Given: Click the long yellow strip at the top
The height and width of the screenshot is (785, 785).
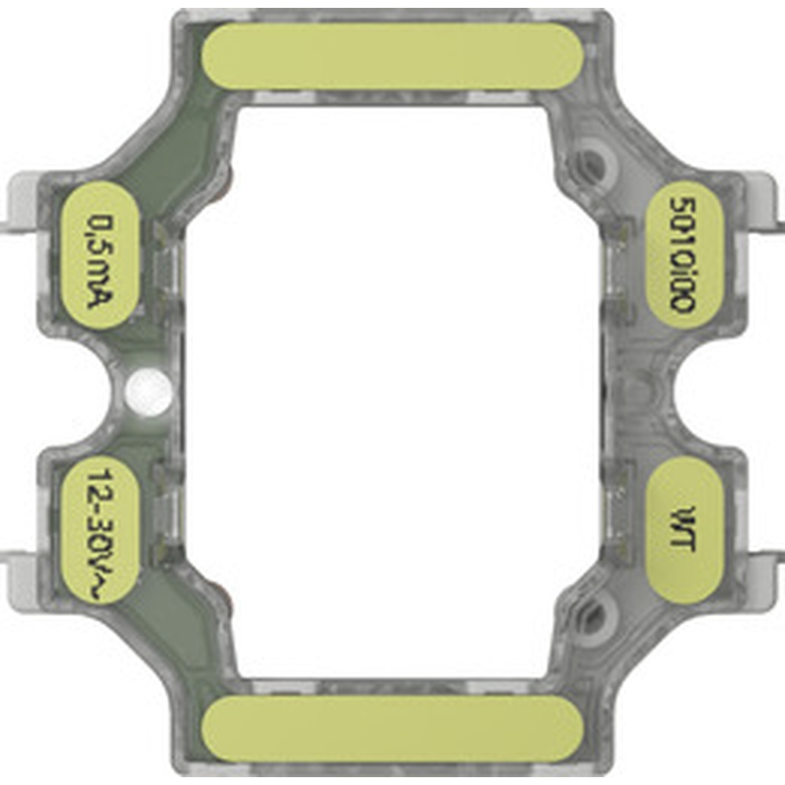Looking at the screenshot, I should click(392, 56).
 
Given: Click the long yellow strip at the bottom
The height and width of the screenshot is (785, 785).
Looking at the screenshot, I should click(392, 728).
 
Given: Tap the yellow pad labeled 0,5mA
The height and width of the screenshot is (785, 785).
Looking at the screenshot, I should click(102, 255).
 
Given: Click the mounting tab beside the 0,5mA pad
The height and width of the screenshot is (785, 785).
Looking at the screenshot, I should click(22, 206).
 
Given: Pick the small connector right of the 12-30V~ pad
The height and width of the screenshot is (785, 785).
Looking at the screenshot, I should click(166, 510).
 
